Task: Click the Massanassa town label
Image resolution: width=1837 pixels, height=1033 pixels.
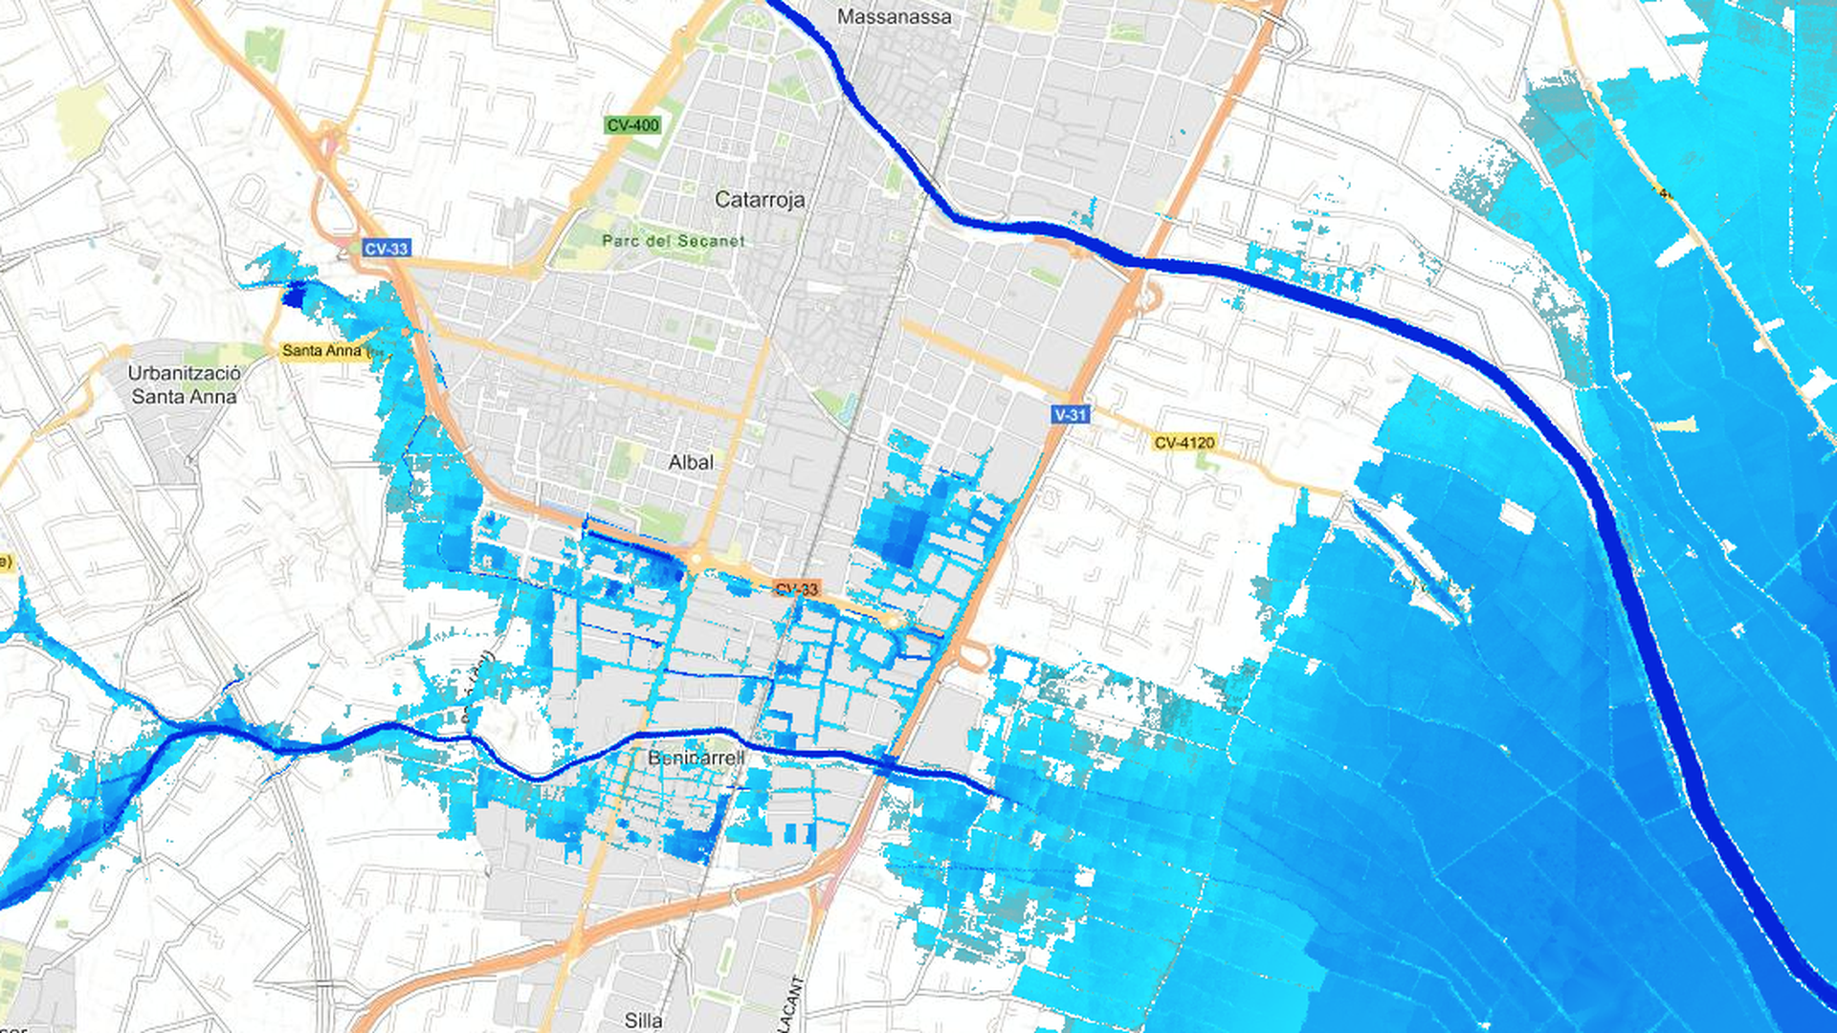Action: click(x=894, y=16)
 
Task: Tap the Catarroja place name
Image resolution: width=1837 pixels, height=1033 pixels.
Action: click(x=760, y=200)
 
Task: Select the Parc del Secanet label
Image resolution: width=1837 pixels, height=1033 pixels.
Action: click(x=673, y=241)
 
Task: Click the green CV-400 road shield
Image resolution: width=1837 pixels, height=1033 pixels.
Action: click(x=632, y=125)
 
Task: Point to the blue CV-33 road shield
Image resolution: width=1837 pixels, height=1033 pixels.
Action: click(x=387, y=249)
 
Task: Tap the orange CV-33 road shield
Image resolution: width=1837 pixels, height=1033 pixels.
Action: click(x=796, y=589)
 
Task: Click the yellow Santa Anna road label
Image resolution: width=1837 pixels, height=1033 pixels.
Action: click(x=322, y=351)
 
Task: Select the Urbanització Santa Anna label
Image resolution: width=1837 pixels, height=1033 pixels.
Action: click(x=184, y=385)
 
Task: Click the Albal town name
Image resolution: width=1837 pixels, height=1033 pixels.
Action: click(x=691, y=463)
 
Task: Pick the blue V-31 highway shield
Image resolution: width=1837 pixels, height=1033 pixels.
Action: click(x=1070, y=414)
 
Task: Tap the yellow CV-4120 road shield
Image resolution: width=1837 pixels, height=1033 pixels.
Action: click(x=1184, y=443)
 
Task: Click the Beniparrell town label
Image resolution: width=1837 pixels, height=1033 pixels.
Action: click(x=696, y=758)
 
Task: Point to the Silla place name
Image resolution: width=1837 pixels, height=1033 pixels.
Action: click(x=643, y=1021)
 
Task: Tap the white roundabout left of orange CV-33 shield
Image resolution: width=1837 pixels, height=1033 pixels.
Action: click(x=697, y=559)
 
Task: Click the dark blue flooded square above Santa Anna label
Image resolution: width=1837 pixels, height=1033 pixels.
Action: click(x=294, y=294)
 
